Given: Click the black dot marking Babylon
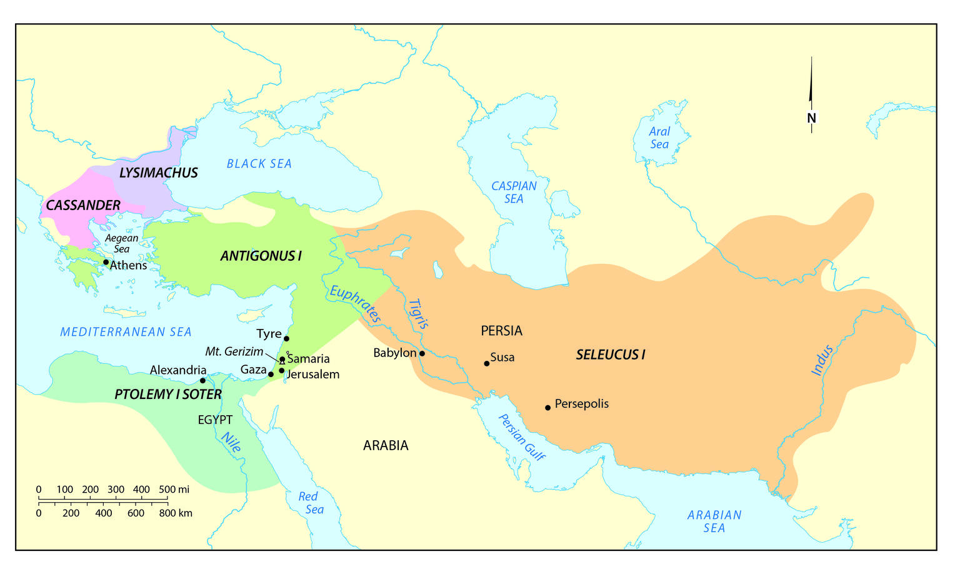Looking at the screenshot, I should (422, 353).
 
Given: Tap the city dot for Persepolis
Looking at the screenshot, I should (547, 408).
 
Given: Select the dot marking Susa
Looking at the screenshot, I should (487, 363).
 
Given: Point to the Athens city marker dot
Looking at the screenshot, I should (106, 262).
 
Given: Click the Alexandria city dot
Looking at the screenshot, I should (202, 380).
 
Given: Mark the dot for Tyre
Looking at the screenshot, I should (286, 338).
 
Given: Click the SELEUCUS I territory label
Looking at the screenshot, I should (610, 355).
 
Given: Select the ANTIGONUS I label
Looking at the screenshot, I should (261, 256).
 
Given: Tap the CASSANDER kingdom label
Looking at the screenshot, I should (83, 205).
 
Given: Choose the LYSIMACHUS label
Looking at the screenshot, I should (158, 173).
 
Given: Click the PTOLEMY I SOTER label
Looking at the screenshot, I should (168, 395).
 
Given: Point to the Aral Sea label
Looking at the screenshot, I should (659, 138).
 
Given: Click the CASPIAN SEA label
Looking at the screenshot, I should (514, 192).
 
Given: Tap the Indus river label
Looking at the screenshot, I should (822, 360).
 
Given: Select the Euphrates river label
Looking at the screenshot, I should (355, 304).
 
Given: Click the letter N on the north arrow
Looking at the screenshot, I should (811, 118).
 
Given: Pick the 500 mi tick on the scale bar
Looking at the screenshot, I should (167, 500).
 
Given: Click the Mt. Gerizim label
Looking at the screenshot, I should (234, 351).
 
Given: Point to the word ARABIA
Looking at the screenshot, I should (386, 446).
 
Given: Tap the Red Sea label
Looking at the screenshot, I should (311, 503).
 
